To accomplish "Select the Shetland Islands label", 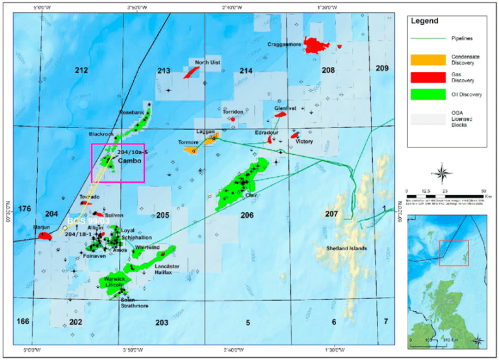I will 342,248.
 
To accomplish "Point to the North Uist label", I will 207,62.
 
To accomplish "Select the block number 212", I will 81,70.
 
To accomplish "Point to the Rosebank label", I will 130,112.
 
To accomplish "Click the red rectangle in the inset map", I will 454,253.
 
